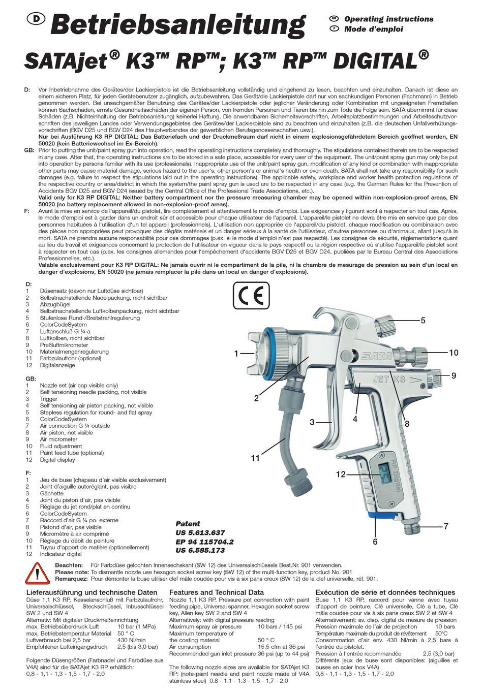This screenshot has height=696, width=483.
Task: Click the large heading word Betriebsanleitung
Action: click(x=178, y=25)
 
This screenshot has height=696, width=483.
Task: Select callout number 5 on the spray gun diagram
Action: click(x=422, y=321)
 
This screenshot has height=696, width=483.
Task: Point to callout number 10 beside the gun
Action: click(x=453, y=353)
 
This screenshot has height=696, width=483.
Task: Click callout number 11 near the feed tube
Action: click(x=255, y=458)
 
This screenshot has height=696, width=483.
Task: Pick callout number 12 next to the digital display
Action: click(x=341, y=474)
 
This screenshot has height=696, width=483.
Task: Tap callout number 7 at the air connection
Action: click(x=446, y=526)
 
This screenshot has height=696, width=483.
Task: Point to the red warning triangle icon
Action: click(x=39, y=574)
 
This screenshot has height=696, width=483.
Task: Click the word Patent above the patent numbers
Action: click(x=188, y=524)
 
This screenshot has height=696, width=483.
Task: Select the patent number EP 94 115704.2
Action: click(x=204, y=542)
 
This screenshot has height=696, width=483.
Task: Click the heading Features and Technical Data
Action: click(x=217, y=592)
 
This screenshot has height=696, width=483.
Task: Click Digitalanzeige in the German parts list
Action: click(x=57, y=365)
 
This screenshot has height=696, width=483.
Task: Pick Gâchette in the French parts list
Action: click(x=52, y=493)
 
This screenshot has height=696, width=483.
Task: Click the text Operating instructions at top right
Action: click(x=388, y=19)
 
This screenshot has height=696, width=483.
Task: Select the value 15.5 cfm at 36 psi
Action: click(x=281, y=647)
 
